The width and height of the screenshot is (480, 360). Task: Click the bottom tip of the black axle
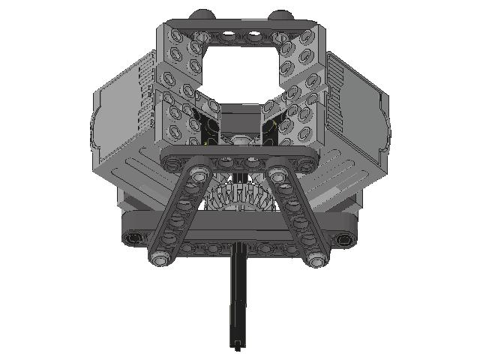[x=238, y=346]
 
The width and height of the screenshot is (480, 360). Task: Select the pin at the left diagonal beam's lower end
[x=160, y=258]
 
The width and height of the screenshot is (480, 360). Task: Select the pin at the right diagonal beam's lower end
[x=316, y=258]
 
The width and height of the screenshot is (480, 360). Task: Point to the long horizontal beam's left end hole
[x=133, y=238]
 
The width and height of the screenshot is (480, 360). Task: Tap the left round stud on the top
[x=200, y=15]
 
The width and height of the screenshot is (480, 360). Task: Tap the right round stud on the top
[x=280, y=15]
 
